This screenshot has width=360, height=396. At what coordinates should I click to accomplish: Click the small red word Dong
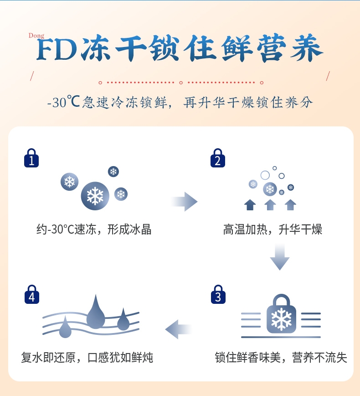36,36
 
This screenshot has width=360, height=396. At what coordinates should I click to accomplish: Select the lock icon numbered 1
31,158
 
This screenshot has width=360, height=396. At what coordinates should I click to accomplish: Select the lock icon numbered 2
217,158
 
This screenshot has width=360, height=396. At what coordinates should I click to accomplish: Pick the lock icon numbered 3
218,295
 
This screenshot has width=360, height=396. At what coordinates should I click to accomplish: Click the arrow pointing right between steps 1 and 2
184,201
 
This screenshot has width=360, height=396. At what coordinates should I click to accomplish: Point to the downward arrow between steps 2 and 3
280,257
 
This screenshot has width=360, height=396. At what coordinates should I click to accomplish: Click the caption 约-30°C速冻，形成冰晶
94,229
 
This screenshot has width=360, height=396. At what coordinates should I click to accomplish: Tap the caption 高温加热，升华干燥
273,229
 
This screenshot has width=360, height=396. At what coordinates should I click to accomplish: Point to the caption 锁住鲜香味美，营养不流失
281,357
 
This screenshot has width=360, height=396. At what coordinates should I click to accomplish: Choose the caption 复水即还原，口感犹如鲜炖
87,357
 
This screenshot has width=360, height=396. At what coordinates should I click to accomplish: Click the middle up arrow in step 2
270,204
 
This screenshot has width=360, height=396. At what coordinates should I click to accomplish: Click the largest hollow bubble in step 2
265,175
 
